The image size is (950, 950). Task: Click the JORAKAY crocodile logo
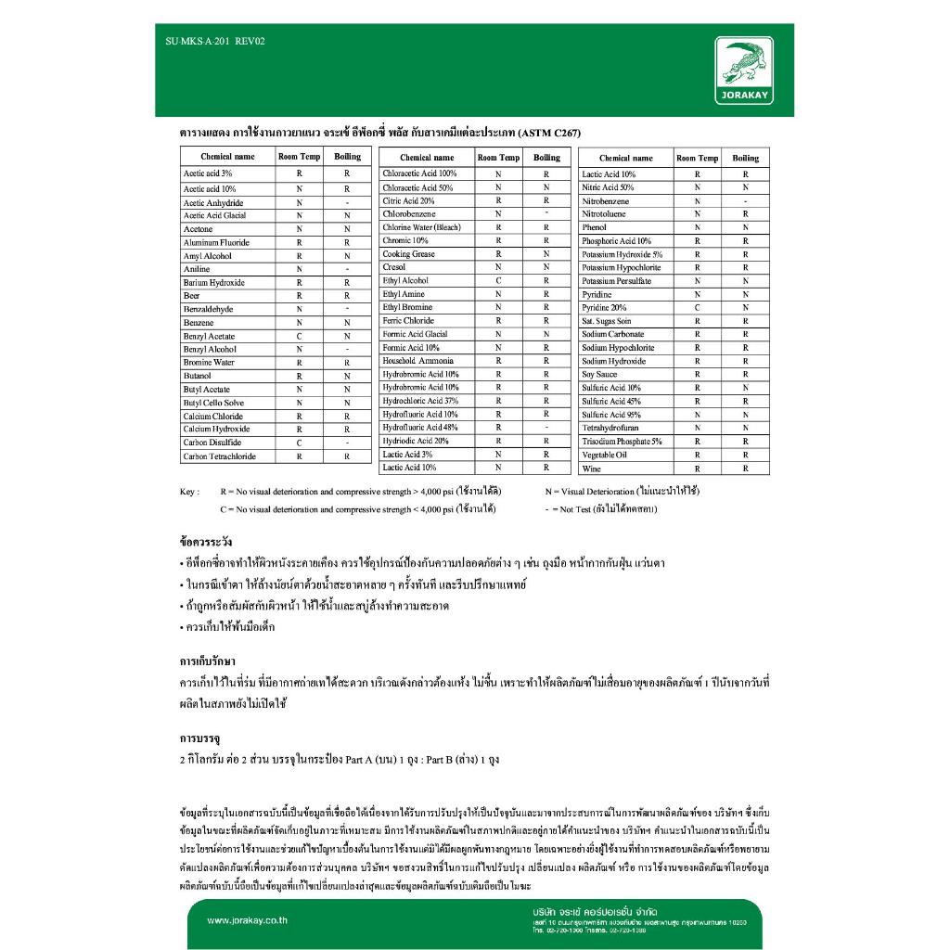pyautogui.click(x=745, y=71)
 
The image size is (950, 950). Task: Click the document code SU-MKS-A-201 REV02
pyautogui.click(x=208, y=41)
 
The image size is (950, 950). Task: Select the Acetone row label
pyautogui.click(x=198, y=229)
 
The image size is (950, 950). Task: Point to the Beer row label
pyautogui.click(x=191, y=296)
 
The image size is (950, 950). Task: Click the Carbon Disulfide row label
pyautogui.click(x=212, y=443)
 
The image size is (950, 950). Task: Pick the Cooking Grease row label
pyautogui.click(x=408, y=254)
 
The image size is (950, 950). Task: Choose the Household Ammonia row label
pyautogui.click(x=418, y=361)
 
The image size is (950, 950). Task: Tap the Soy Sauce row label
pyautogui.click(x=599, y=375)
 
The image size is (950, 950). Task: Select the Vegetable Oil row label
pyautogui.click(x=604, y=456)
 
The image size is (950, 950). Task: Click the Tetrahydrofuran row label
pyautogui.click(x=610, y=429)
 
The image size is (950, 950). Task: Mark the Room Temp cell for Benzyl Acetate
pyautogui.click(x=299, y=336)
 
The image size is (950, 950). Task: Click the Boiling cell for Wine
pyautogui.click(x=745, y=469)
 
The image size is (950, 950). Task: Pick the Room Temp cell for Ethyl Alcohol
pyautogui.click(x=498, y=280)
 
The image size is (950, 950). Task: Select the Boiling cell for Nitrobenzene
pyautogui.click(x=745, y=201)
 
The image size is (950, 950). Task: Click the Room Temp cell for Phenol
pyautogui.click(x=697, y=227)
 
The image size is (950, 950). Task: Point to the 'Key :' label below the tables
pyautogui.click(x=189, y=492)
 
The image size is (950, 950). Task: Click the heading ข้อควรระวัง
pyautogui.click(x=205, y=541)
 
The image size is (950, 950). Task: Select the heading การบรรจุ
pyautogui.click(x=199, y=738)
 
